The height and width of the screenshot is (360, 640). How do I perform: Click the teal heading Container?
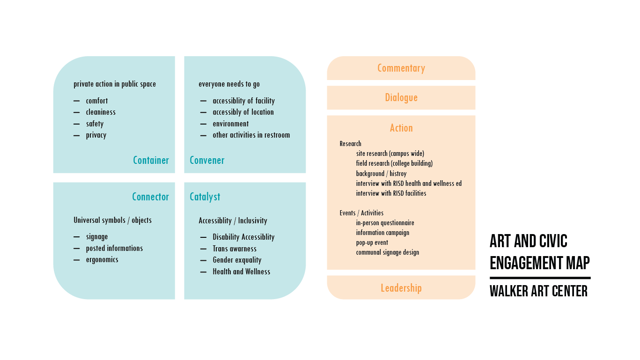[151, 160]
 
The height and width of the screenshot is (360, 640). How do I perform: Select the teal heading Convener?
[207, 160]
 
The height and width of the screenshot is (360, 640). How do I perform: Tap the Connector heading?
[150, 197]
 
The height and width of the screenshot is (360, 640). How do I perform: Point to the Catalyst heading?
[205, 197]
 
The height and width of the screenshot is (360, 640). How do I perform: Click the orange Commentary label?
[401, 68]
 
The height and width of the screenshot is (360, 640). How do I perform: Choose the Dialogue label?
[401, 97]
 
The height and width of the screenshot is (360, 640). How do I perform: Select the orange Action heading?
[401, 128]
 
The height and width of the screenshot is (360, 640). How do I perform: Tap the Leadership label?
[401, 288]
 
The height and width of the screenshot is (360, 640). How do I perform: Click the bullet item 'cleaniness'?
[101, 112]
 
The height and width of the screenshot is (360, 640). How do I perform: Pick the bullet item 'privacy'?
[96, 135]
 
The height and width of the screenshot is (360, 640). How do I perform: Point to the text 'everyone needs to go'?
[229, 84]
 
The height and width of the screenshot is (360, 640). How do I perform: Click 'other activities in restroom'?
[251, 135]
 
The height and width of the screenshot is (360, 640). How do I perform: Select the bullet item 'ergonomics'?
[102, 259]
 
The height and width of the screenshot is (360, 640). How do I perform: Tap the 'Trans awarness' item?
[235, 249]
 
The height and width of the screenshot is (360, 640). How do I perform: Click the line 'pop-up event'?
[372, 242]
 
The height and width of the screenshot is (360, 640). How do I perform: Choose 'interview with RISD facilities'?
[391, 193]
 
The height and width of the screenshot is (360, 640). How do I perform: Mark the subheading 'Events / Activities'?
[361, 213]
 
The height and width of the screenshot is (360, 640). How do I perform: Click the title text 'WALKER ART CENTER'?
[538, 291]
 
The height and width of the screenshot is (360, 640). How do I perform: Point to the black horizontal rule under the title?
[540, 278]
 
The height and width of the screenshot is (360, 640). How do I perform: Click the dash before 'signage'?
[76, 237]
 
